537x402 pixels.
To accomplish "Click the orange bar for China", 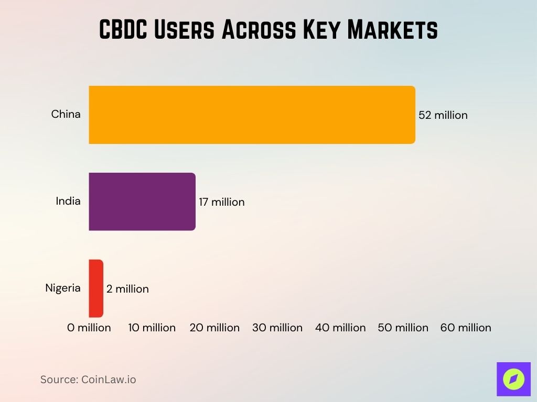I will click(x=252, y=115).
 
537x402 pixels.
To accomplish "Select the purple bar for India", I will click(x=142, y=202).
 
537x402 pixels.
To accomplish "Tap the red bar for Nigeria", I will click(x=96, y=288).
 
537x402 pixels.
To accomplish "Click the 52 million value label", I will click(x=443, y=115).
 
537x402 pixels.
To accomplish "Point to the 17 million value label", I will click(x=221, y=202).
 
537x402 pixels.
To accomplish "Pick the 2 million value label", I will click(x=127, y=289).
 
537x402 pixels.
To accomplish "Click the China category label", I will click(x=66, y=114).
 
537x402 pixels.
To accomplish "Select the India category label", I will click(x=68, y=200).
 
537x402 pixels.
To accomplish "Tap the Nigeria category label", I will click(x=63, y=287).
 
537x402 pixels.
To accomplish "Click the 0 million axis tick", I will click(x=89, y=328).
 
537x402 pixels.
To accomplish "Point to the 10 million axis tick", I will click(x=152, y=328).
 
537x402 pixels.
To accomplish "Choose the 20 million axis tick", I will click(x=214, y=328).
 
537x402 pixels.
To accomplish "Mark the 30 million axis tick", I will click(x=277, y=328).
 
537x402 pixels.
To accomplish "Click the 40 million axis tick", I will click(x=340, y=328).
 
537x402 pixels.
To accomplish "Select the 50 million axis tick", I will click(x=403, y=328).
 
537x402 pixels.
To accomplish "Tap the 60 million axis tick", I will click(x=466, y=328).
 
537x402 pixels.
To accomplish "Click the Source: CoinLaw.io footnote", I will click(x=88, y=379).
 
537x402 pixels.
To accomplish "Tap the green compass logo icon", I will click(x=513, y=379).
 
